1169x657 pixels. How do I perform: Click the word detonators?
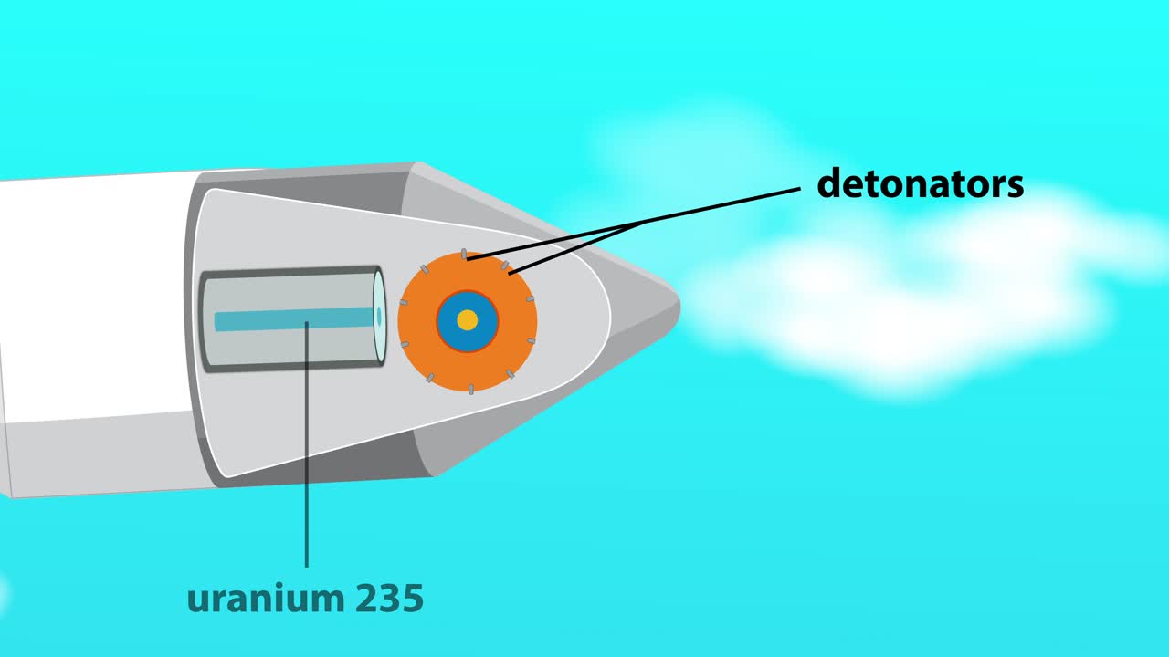(x=920, y=184)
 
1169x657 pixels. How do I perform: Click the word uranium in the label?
(x=259, y=599)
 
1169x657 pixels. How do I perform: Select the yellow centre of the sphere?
(x=467, y=320)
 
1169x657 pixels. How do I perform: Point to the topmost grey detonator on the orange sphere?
(x=464, y=254)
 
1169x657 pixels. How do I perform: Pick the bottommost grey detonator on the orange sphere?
(x=471, y=390)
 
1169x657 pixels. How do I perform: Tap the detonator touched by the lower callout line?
(x=505, y=266)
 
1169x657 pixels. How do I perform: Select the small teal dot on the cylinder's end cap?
(x=379, y=316)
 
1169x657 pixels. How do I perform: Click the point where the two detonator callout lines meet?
(x=645, y=221)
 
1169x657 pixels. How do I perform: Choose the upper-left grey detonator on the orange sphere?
(x=425, y=268)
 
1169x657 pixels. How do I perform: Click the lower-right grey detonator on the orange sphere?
(x=511, y=374)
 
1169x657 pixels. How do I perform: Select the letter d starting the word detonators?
(x=828, y=184)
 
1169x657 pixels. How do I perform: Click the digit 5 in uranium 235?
(x=412, y=599)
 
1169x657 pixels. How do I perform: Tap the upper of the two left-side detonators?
(x=404, y=302)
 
